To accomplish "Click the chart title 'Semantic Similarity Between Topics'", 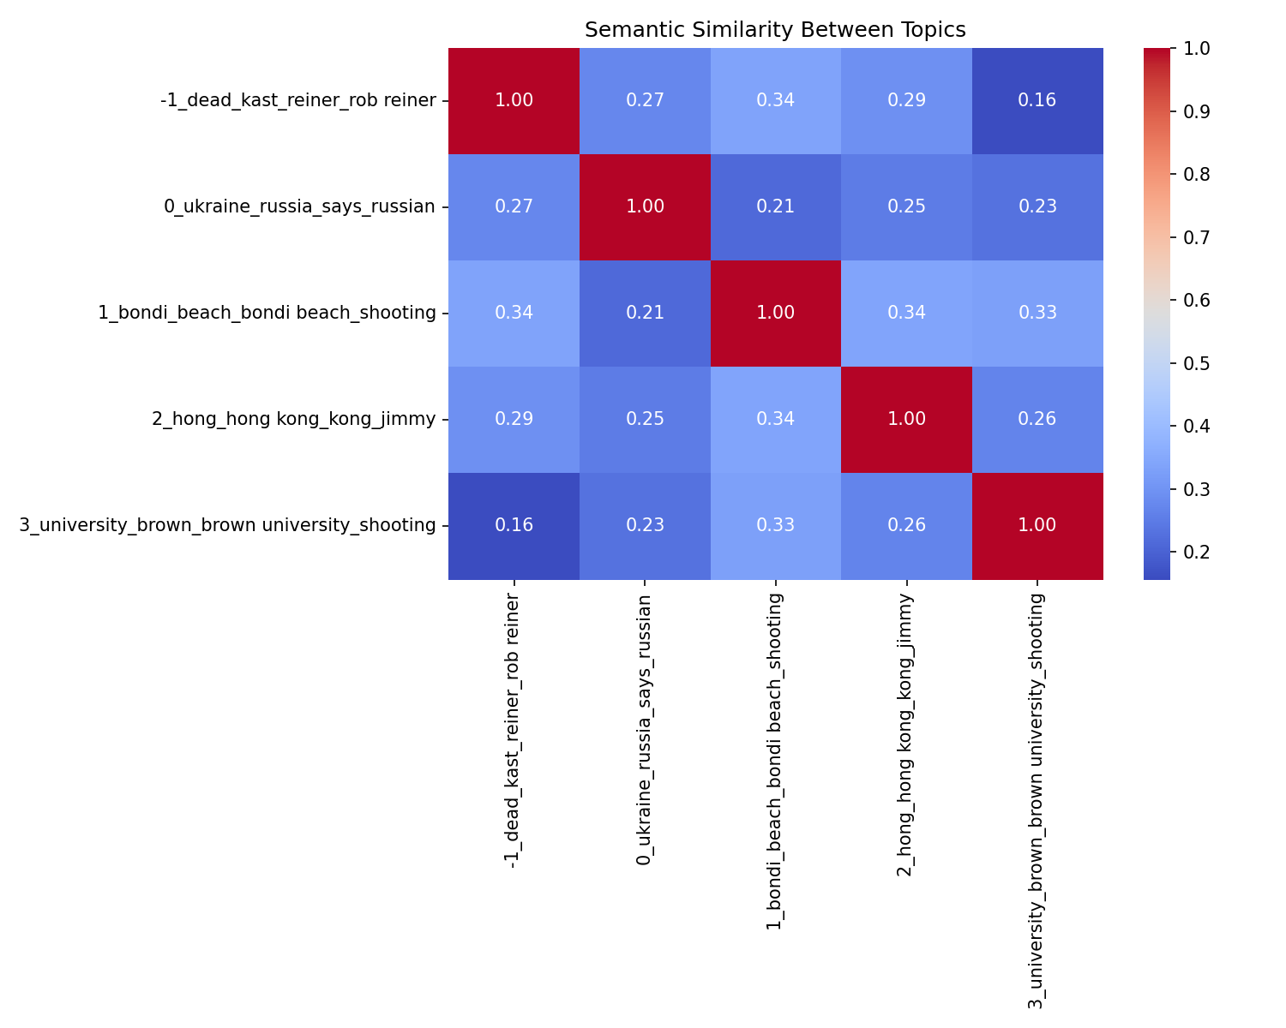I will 775,30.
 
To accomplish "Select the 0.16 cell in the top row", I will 1037,100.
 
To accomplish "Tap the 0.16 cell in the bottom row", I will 514,525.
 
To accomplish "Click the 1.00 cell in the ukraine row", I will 645,206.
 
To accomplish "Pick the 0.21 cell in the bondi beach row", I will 645,313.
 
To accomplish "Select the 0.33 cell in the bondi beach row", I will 1037,313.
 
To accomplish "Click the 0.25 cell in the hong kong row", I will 645,419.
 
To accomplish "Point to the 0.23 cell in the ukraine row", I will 1037,206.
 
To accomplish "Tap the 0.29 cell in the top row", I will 906,100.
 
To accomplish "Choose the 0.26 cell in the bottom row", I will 906,525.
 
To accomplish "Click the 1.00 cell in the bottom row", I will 1037,525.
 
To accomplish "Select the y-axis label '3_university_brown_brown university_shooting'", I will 227,525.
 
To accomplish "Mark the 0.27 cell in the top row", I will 645,100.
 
